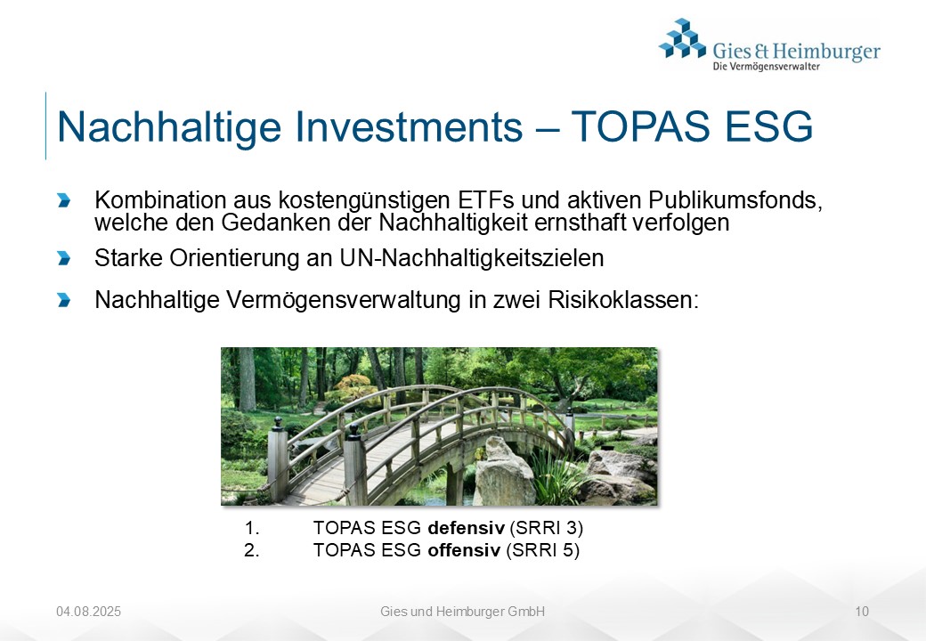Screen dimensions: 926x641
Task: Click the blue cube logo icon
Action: [x=682, y=38]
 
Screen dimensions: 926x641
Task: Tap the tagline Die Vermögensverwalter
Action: [x=766, y=66]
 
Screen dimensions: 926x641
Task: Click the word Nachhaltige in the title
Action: [x=169, y=127]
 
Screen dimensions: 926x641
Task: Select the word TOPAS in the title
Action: [x=640, y=126]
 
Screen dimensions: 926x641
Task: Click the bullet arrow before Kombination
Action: [x=64, y=200]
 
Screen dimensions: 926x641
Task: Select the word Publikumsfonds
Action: [x=735, y=200]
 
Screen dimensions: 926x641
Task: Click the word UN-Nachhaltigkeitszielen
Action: [x=471, y=258]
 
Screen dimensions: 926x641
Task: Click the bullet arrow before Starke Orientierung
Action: [x=64, y=258]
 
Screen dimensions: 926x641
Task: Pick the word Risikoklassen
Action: [x=623, y=300]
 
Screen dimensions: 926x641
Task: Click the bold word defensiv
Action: [x=466, y=527]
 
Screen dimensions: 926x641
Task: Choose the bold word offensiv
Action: [x=464, y=550]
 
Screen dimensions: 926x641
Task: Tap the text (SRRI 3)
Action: [x=547, y=528]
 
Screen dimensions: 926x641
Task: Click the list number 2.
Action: [x=252, y=550]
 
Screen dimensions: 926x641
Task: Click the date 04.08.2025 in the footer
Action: [x=88, y=612]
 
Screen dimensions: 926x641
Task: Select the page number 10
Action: [x=862, y=612]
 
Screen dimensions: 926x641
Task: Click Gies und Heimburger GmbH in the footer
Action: [x=462, y=612]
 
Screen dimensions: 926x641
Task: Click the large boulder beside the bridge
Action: [x=504, y=472]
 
